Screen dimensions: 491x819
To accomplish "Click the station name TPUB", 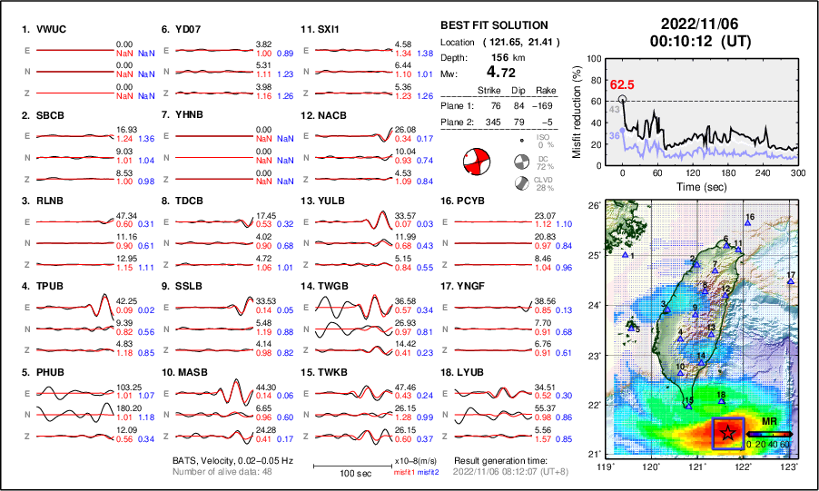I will click(x=48, y=287).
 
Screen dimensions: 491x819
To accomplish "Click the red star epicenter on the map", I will click(x=727, y=434).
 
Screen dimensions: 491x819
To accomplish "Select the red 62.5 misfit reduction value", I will click(x=622, y=84).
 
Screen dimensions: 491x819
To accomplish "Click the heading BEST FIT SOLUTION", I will click(x=493, y=25).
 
